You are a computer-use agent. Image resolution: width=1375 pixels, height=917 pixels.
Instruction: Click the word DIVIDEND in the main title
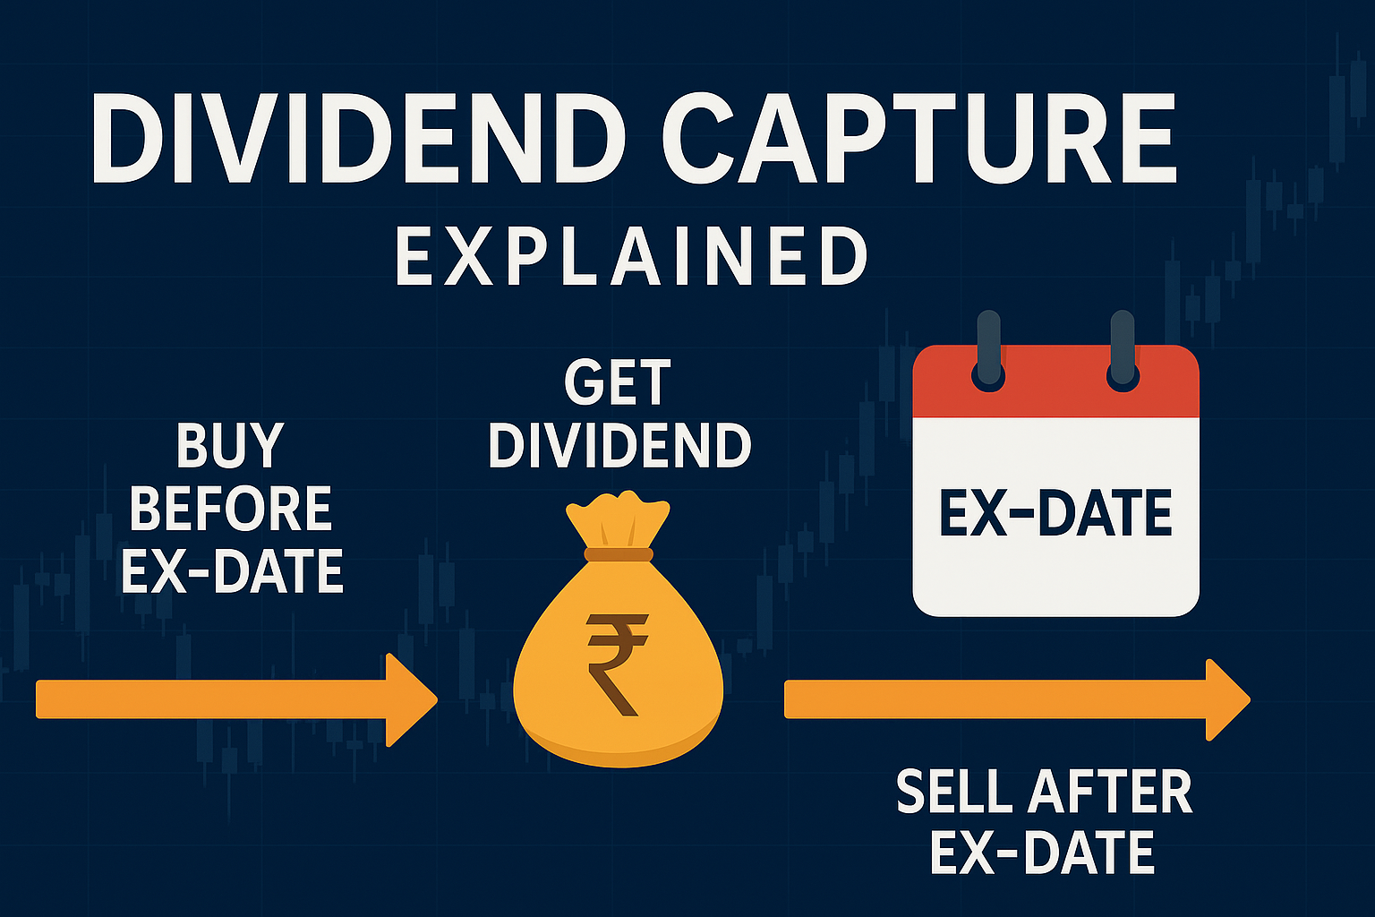point(359,138)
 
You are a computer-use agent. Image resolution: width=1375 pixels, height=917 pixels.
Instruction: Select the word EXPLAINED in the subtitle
point(632,255)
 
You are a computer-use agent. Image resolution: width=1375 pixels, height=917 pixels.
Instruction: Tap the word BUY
point(230,446)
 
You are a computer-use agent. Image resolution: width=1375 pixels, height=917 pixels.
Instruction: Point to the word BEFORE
point(231,508)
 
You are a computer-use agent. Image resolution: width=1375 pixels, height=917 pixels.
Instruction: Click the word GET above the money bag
point(618,382)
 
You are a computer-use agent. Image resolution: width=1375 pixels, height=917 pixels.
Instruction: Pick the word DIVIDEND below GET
point(620,445)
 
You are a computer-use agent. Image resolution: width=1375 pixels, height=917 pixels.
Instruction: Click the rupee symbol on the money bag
point(617,664)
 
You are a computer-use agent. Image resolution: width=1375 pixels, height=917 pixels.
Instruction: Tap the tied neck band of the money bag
point(619,554)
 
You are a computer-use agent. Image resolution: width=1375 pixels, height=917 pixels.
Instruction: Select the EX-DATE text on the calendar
point(1055,513)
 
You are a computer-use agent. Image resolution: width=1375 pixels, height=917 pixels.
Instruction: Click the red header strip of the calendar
point(1055,382)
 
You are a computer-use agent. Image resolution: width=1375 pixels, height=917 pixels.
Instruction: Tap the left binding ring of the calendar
point(989,350)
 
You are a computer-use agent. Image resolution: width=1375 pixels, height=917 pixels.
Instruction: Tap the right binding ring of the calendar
point(1123,350)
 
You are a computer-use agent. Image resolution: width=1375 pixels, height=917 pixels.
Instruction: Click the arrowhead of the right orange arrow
point(1227,699)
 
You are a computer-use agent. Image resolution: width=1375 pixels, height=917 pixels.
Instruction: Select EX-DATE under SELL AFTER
point(1042,852)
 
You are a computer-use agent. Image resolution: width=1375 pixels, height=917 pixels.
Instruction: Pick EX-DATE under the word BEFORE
point(232,571)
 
